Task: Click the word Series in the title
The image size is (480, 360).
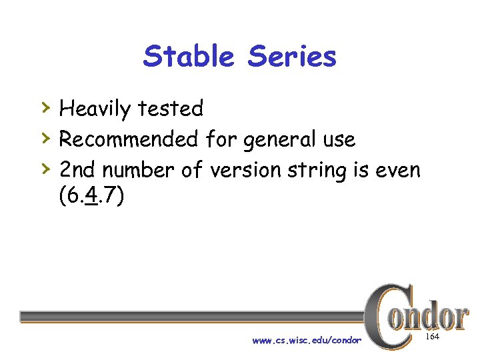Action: pyautogui.click(x=292, y=57)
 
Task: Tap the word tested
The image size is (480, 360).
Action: pyautogui.click(x=171, y=108)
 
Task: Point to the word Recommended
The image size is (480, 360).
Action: pyautogui.click(x=129, y=139)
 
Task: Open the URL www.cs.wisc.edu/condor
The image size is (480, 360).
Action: pyautogui.click(x=307, y=341)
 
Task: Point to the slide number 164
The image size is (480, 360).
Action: pyautogui.click(x=432, y=338)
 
